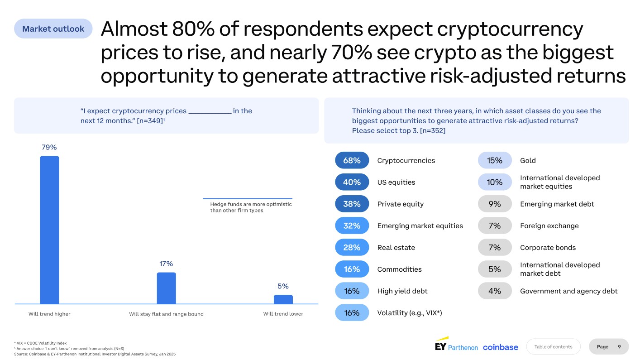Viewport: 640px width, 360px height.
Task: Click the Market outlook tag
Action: coord(53,29)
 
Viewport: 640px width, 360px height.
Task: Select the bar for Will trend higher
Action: coord(49,230)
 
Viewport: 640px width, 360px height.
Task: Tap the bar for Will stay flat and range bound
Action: coord(166,288)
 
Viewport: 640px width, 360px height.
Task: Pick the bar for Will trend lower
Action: coord(283,299)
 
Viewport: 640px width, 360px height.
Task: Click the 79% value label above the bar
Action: coord(49,147)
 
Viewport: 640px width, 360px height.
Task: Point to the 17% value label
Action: coord(166,264)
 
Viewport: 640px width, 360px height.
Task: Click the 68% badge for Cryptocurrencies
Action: coord(352,160)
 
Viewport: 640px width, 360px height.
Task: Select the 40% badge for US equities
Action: coord(352,182)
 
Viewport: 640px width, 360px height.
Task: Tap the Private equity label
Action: coord(400,204)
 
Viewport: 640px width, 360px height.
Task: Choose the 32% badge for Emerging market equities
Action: coord(352,226)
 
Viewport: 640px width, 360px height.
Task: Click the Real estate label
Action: coord(396,247)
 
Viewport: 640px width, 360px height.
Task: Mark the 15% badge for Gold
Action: coord(495,160)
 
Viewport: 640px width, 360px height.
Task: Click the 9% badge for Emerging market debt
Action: coord(495,204)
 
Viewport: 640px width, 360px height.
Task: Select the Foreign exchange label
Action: coord(549,226)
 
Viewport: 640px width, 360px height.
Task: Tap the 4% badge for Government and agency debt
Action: coord(495,291)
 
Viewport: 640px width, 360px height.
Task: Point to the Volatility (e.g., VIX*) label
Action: coord(409,312)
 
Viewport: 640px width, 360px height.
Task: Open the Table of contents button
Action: coord(553,346)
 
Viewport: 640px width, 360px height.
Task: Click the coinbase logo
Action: coord(500,347)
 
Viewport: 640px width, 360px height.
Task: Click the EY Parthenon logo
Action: coord(456,345)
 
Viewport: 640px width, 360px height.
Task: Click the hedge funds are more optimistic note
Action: coord(251,207)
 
